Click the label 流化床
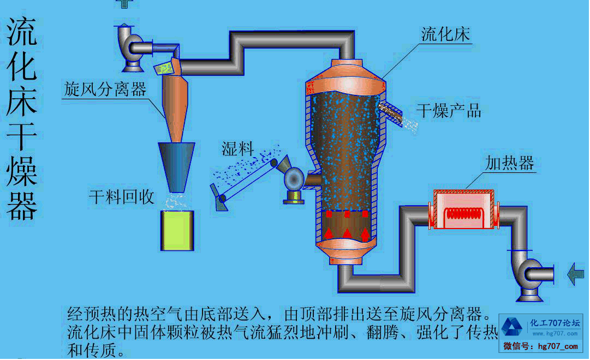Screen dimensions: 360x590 point(445,34)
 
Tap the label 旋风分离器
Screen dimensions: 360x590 point(105,89)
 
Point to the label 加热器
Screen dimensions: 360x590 point(509,163)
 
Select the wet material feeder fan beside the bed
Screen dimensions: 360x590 point(295,179)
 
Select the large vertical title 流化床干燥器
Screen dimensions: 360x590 point(22,117)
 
